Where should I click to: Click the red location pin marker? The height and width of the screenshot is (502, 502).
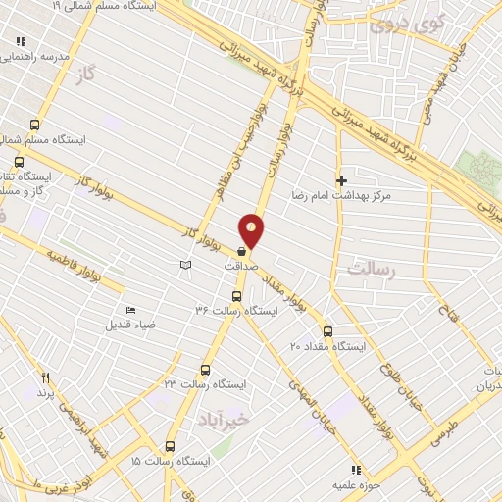tap(252, 229)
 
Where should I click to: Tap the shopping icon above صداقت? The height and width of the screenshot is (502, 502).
tap(241, 251)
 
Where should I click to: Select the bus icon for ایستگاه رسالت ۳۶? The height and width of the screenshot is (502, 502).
tap(236, 296)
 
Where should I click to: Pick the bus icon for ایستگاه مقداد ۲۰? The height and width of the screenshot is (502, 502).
tap(327, 331)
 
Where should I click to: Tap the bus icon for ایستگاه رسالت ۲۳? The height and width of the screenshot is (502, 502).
tap(205, 370)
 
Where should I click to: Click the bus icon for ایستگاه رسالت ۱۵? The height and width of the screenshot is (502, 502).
tap(174, 444)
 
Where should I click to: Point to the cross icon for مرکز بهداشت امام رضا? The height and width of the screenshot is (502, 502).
tap(341, 180)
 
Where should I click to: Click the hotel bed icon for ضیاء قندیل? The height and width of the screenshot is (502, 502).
tap(130, 312)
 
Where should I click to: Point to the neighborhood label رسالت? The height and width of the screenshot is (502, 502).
tap(370, 268)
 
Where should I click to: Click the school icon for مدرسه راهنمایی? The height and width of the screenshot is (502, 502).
tap(21, 42)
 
